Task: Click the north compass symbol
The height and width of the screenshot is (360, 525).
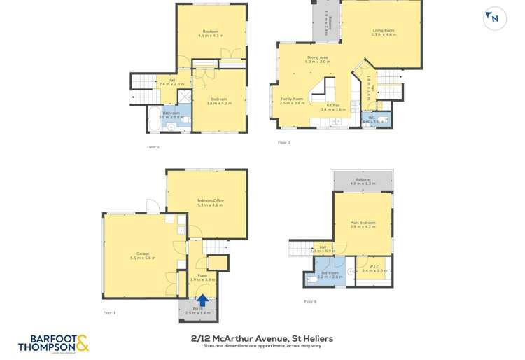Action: [x=494, y=18]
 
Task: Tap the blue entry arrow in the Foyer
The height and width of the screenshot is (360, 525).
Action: [x=202, y=300]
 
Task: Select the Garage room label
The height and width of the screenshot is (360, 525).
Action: [x=143, y=256]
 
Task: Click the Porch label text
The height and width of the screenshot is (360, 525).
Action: [x=198, y=310]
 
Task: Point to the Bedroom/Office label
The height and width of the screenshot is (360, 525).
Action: [x=210, y=203]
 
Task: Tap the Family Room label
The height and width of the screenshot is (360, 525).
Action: [x=292, y=101]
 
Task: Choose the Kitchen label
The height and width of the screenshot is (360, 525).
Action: [x=333, y=107]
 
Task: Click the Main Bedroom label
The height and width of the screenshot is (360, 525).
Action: [x=363, y=225]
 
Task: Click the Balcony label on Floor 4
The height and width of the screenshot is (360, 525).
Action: [x=363, y=181]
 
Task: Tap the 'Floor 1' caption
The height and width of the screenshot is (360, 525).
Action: [x=109, y=313]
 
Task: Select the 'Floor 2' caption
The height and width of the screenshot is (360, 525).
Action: [x=153, y=147]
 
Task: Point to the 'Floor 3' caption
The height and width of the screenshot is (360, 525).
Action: [x=283, y=143]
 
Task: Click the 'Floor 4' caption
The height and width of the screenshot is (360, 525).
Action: [x=310, y=302]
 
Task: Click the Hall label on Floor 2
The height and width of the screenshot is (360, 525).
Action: [x=171, y=82]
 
